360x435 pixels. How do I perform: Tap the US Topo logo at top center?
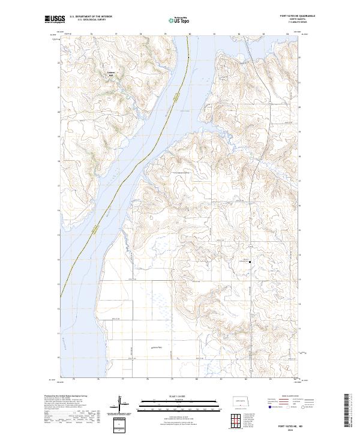pyautogui.click(x=180, y=19)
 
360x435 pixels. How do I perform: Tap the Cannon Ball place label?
pyautogui.click(x=110, y=74)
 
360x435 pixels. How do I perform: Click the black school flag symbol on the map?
pyautogui.click(x=250, y=262)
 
